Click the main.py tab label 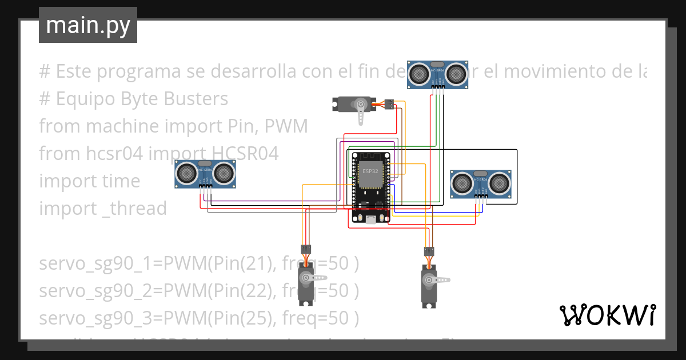point(87,25)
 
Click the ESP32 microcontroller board point(370,186)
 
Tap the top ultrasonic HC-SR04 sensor point(438,74)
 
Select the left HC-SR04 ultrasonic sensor point(205,173)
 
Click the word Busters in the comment point(196,99)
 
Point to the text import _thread point(103,209)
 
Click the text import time point(89,181)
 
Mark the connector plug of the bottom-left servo point(306,249)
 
